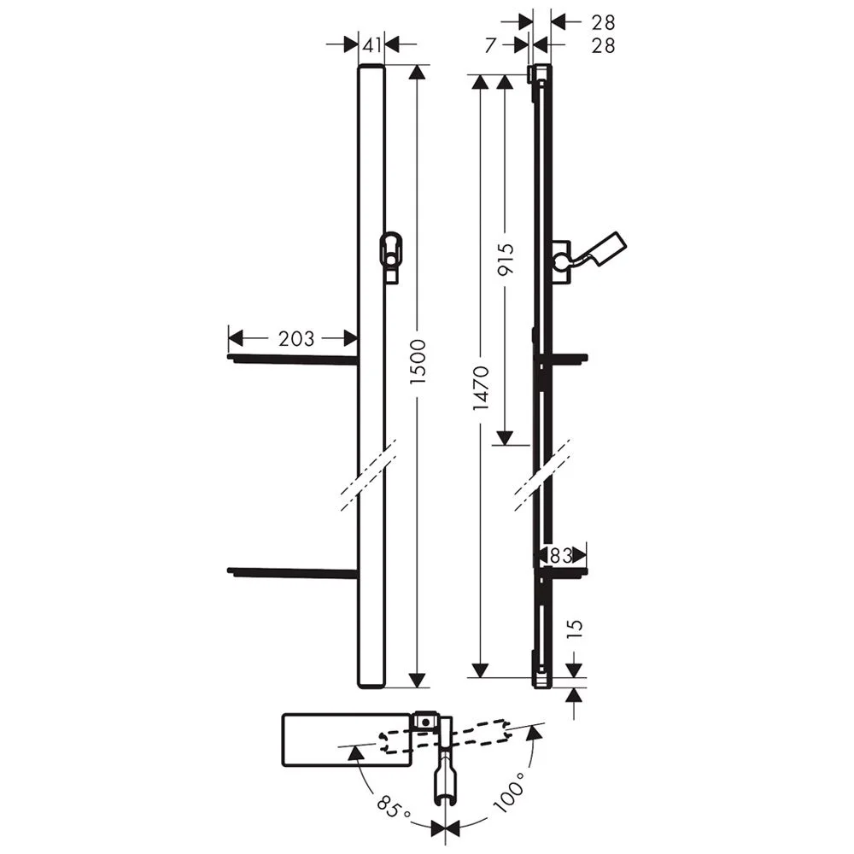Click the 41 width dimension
point(371,45)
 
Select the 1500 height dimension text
point(417,372)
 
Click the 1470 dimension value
point(480,389)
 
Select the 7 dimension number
point(489,46)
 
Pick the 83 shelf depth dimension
point(560,555)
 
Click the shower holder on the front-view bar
point(390,254)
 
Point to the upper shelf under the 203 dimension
point(292,360)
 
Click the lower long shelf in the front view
point(292,571)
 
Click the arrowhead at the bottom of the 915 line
point(505,437)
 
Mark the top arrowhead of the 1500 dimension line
point(417,73)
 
